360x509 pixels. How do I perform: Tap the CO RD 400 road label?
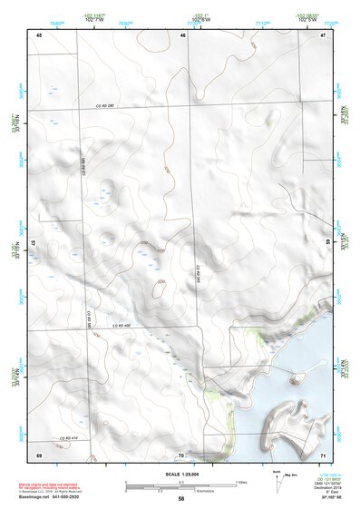point(122,325)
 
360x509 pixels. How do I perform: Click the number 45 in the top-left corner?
point(40,34)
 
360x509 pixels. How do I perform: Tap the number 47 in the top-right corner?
point(324,34)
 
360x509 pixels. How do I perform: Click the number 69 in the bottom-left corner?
point(39,453)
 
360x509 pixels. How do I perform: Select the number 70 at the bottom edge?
point(181,454)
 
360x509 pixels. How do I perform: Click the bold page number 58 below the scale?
point(181,499)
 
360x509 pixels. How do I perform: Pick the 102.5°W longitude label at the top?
point(306,20)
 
